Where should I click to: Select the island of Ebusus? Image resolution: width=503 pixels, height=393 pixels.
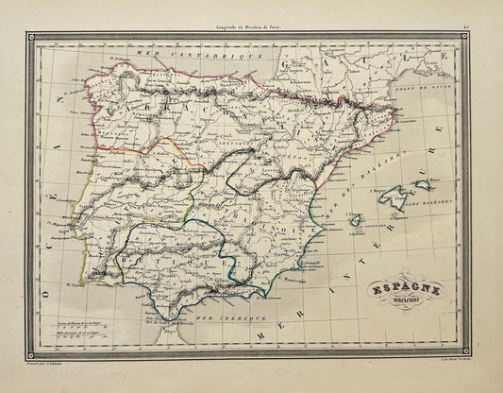(x=356, y=219)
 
